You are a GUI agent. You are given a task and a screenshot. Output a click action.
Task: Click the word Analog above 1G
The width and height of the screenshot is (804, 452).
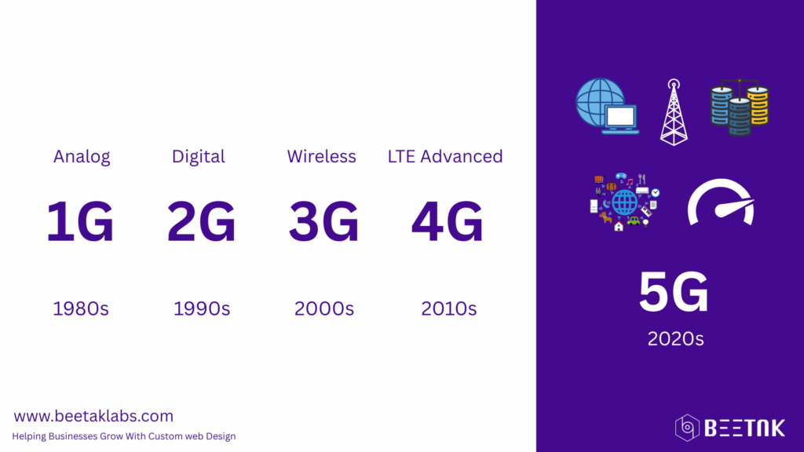(x=82, y=157)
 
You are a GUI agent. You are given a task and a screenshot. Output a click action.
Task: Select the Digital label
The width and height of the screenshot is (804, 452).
(x=199, y=157)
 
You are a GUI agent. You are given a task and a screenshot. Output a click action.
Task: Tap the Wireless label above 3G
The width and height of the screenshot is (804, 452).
(x=321, y=156)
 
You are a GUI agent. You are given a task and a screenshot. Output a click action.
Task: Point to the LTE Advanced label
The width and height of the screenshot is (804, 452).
(x=445, y=156)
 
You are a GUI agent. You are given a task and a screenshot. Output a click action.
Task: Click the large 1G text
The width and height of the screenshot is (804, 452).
(x=80, y=221)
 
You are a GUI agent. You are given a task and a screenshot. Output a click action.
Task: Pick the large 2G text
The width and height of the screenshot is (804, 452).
(x=202, y=221)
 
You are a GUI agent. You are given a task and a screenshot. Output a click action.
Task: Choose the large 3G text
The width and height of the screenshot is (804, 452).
(x=323, y=221)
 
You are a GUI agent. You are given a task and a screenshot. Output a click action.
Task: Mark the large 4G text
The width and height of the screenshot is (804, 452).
(x=447, y=221)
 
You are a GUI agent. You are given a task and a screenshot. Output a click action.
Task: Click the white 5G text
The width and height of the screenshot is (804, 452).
(x=674, y=292)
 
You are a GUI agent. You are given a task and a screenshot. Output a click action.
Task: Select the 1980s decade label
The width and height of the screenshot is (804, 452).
(x=81, y=308)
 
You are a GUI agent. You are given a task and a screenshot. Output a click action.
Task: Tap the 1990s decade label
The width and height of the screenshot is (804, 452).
(x=202, y=308)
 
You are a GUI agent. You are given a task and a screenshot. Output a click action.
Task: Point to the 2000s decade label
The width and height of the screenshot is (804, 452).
(x=324, y=308)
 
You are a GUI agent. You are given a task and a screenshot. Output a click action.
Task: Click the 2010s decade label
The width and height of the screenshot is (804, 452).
(x=448, y=308)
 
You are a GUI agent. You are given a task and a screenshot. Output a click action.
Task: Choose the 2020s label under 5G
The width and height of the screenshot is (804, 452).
(x=675, y=339)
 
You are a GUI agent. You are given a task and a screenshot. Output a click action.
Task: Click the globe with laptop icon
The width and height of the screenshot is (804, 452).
(x=607, y=106)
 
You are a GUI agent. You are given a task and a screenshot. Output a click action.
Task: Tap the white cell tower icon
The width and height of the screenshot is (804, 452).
(x=674, y=112)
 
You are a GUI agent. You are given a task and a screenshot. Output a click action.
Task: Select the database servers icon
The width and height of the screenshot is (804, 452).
(x=740, y=108)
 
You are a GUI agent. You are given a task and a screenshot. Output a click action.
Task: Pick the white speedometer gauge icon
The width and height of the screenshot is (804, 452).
(x=721, y=202)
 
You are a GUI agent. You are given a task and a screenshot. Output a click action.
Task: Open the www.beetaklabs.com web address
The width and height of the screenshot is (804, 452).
(x=93, y=416)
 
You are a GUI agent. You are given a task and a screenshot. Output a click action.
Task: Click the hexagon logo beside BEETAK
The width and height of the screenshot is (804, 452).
(x=687, y=428)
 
